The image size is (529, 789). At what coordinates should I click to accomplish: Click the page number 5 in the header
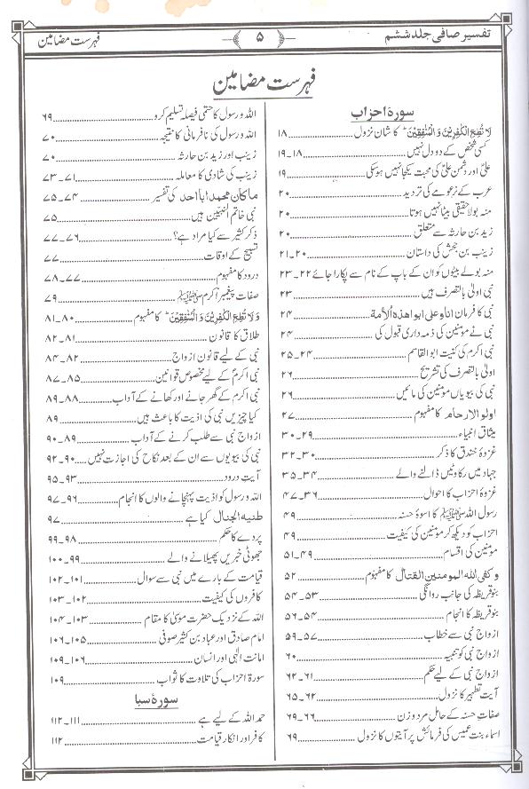coord(261,38)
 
